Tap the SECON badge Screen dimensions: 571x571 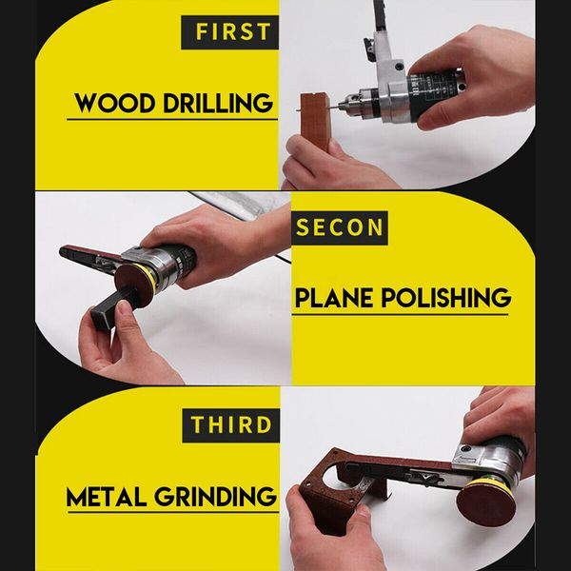click(x=340, y=228)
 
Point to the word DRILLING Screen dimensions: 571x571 click(x=218, y=102)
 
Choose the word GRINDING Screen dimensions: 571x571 click(x=223, y=496)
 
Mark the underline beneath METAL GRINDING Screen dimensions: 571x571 click(x=171, y=514)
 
